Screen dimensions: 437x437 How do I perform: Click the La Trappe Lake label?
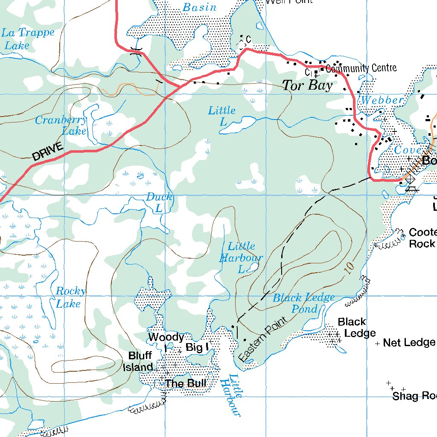click(28, 39)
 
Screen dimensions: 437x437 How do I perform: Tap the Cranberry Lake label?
click(61, 125)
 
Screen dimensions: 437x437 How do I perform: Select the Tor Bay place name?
click(307, 85)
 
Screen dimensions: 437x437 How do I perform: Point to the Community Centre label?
click(361, 68)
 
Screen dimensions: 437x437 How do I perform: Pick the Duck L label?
click(159, 202)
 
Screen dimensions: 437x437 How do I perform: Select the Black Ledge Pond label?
click(304, 303)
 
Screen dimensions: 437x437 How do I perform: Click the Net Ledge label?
click(409, 342)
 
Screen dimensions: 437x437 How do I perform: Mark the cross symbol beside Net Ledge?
click(377, 343)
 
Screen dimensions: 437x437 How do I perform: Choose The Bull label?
click(186, 383)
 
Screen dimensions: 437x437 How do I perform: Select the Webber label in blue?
click(382, 100)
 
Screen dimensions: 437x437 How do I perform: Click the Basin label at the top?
click(199, 7)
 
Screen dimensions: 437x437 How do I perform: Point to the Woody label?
click(166, 337)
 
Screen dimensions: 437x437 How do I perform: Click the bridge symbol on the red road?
click(136, 52)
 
